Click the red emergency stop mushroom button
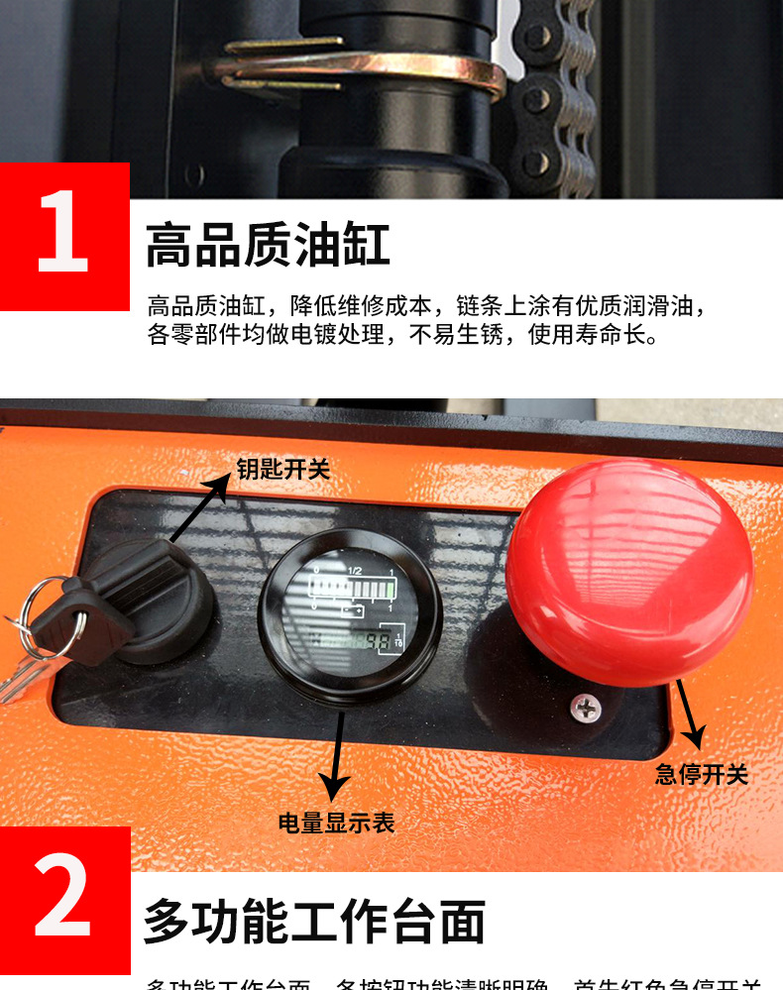click(x=629, y=570)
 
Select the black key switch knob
click(x=159, y=595)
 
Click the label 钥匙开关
click(x=282, y=469)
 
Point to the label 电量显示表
click(x=336, y=823)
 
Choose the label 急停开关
click(x=702, y=774)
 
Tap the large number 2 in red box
click(x=63, y=901)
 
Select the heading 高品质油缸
click(x=268, y=245)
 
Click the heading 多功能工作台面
click(x=314, y=921)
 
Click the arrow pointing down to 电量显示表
click(x=338, y=753)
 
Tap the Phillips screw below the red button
click(x=584, y=708)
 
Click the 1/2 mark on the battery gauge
click(x=357, y=572)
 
